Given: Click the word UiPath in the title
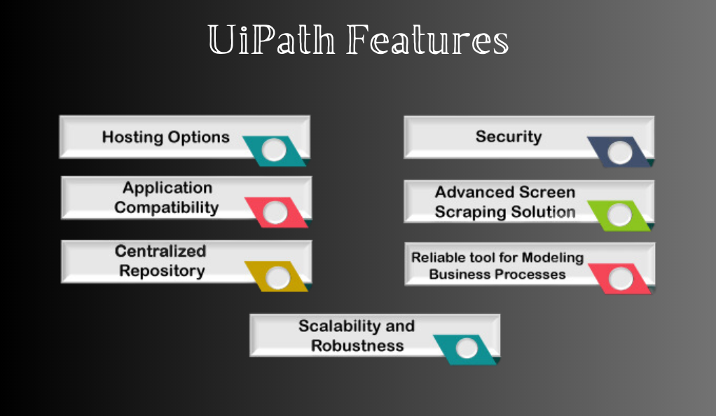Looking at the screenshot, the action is (x=271, y=40).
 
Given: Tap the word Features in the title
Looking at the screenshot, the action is (x=427, y=40).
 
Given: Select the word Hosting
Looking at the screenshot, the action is (x=132, y=137).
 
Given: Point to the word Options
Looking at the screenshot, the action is (x=199, y=137).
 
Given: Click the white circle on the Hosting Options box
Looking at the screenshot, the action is (x=274, y=151).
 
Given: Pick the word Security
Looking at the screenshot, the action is (x=509, y=137).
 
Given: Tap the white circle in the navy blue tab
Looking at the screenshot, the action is (x=620, y=153).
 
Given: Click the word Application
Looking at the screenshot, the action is (x=167, y=188).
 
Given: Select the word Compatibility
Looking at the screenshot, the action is (x=167, y=208).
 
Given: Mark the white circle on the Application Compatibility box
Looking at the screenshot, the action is (x=275, y=212).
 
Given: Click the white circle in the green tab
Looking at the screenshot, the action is (x=619, y=215).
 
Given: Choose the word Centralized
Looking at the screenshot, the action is (x=160, y=251).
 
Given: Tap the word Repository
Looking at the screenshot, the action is (x=162, y=271).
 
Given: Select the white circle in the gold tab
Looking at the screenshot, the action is (x=277, y=277).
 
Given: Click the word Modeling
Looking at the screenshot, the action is (x=553, y=258).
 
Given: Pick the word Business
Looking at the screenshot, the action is (x=461, y=275).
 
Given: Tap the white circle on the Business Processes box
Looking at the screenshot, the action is (x=621, y=279).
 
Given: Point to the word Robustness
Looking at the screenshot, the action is (x=357, y=346).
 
